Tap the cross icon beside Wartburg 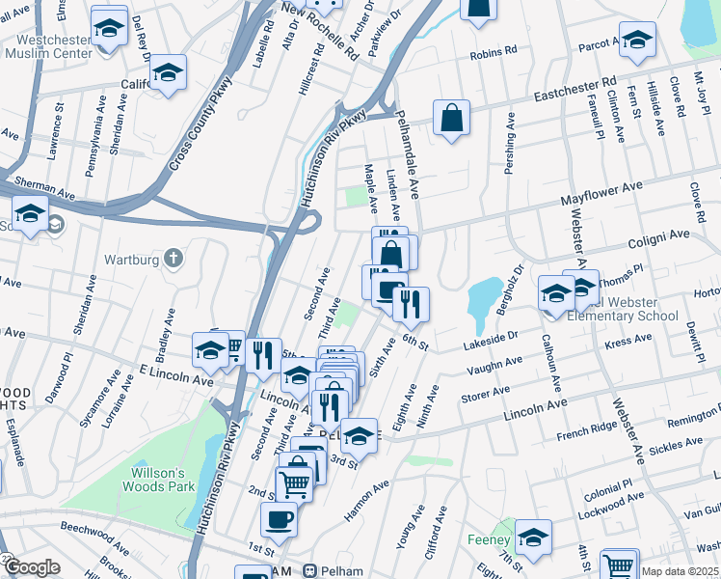coord(173,257)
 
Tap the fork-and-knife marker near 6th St coord(412,305)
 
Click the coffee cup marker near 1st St coord(280,519)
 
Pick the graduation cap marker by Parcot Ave coord(637,41)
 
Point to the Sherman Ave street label coord(43,192)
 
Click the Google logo coord(31,567)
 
